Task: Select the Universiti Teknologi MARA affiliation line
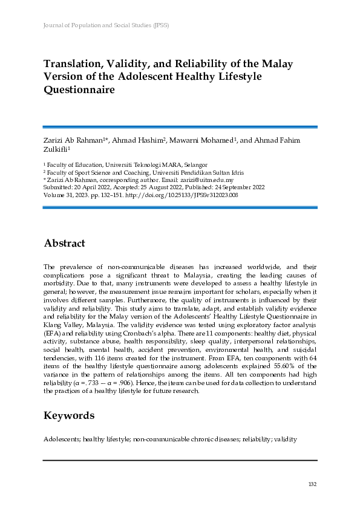(x=126, y=164)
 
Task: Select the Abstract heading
(x=64, y=244)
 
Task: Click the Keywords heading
(x=69, y=415)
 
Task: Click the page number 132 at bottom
(x=312, y=484)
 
